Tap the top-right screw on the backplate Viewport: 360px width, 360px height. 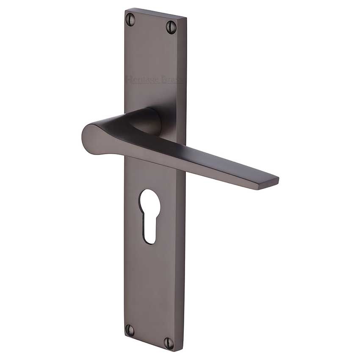point(171,25)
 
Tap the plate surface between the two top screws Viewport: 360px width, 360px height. point(151,21)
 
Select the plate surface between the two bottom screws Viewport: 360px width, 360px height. point(149,334)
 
